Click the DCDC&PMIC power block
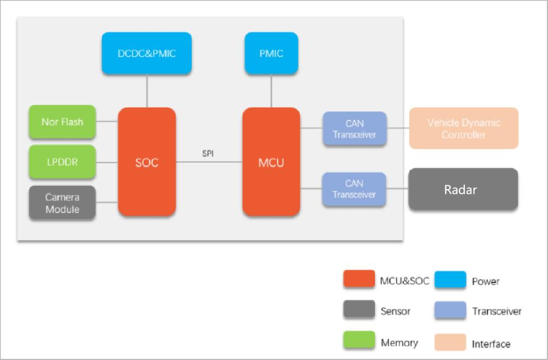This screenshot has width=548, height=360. pyautogui.click(x=147, y=53)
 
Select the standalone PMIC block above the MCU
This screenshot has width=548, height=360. pyautogui.click(x=271, y=53)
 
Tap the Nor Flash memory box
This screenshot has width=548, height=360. pyautogui.click(x=62, y=122)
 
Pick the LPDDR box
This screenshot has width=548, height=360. pyautogui.click(x=62, y=162)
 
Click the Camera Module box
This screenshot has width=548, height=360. pyautogui.click(x=62, y=203)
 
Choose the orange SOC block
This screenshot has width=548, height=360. pyautogui.click(x=147, y=162)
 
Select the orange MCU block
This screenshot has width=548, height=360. pyautogui.click(x=271, y=162)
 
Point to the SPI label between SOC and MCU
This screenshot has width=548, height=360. pyautogui.click(x=208, y=154)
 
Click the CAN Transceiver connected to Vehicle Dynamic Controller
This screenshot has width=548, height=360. pyautogui.click(x=355, y=128)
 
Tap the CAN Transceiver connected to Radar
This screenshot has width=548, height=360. pyautogui.click(x=354, y=189)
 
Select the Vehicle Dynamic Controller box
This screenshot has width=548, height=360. pyautogui.click(x=464, y=128)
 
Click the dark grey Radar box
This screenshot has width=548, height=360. pyautogui.click(x=463, y=189)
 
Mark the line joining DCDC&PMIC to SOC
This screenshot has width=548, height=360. pyautogui.click(x=147, y=91)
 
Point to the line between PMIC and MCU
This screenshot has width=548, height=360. pyautogui.click(x=271, y=91)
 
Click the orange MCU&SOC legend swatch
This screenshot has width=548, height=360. pyautogui.click(x=360, y=279)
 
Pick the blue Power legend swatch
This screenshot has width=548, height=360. pyautogui.click(x=451, y=279)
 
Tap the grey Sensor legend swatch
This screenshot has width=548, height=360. pyautogui.click(x=360, y=309)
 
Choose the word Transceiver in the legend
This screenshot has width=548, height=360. pyautogui.click(x=497, y=311)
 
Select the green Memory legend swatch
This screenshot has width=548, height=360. pyautogui.click(x=360, y=340)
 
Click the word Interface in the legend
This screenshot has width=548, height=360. pyautogui.click(x=491, y=344)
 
